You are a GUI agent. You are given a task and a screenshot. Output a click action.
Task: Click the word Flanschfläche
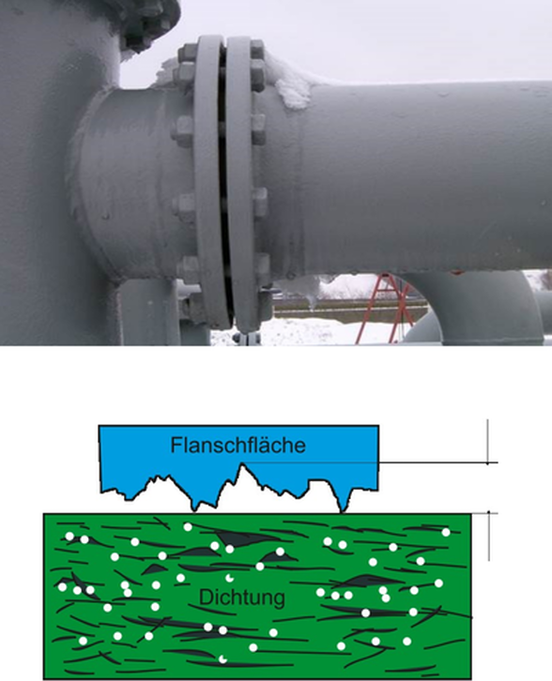point(238,446)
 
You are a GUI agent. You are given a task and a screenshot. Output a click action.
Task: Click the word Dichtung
point(242,598)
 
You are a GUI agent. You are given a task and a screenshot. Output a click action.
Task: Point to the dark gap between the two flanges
point(225,182)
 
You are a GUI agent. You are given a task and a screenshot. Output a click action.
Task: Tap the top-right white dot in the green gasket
point(446,532)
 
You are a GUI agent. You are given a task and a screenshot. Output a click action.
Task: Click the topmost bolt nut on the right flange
point(257,50)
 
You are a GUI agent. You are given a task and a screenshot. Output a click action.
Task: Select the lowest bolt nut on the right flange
point(264,300)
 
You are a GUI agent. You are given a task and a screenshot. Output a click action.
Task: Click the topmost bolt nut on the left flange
point(188,53)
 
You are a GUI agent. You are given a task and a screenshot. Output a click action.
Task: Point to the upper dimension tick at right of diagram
point(487,463)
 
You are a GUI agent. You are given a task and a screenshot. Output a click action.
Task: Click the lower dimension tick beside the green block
point(489,513)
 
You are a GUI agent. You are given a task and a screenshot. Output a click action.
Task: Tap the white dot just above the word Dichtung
point(229,578)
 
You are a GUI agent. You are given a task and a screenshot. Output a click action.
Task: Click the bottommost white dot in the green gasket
point(222,659)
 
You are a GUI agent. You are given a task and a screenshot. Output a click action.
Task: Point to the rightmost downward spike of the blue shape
point(344,504)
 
